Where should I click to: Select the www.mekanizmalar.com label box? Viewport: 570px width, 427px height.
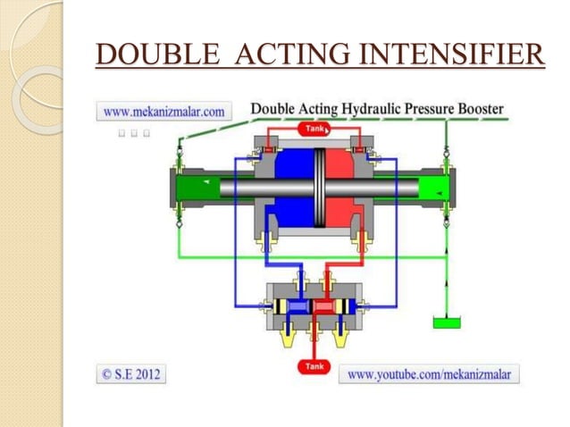click(163, 112)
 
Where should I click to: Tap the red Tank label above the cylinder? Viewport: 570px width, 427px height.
click(315, 129)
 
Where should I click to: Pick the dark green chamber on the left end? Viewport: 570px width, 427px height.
click(198, 188)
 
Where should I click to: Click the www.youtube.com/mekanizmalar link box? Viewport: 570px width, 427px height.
click(429, 374)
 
